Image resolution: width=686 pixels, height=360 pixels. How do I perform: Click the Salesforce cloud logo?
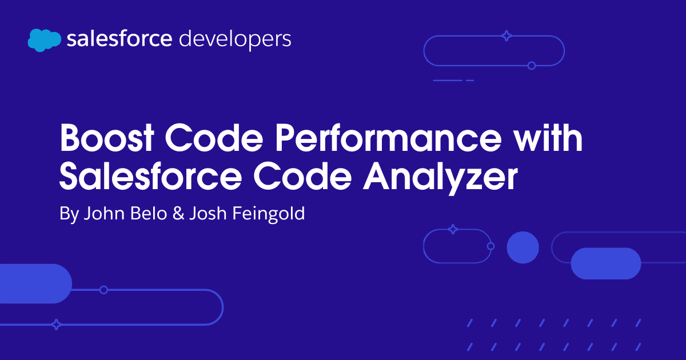tap(45, 40)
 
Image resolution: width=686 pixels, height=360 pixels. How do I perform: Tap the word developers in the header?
tap(235, 40)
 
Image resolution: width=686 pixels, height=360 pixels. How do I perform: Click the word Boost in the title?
tap(106, 138)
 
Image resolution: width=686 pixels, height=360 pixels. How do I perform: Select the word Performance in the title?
tap(388, 138)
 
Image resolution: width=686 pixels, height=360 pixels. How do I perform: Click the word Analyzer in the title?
tap(440, 178)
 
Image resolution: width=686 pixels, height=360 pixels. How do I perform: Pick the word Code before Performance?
tap(214, 138)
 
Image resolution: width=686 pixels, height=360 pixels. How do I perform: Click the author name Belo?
tap(149, 213)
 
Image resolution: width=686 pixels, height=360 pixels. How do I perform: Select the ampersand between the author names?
tap(178, 213)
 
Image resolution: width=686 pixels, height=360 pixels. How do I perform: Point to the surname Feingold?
tap(269, 214)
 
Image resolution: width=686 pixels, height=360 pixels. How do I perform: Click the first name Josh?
tap(208, 213)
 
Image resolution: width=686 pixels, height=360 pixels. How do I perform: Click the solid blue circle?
tap(523, 247)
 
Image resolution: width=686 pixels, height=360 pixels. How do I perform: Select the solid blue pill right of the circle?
tap(606, 263)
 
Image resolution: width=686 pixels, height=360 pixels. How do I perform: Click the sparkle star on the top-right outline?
tap(506, 35)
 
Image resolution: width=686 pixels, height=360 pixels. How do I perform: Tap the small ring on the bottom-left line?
tap(104, 290)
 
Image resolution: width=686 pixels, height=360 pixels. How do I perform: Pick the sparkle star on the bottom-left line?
tap(56, 324)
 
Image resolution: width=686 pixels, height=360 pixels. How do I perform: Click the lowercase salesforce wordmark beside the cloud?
tap(119, 39)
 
